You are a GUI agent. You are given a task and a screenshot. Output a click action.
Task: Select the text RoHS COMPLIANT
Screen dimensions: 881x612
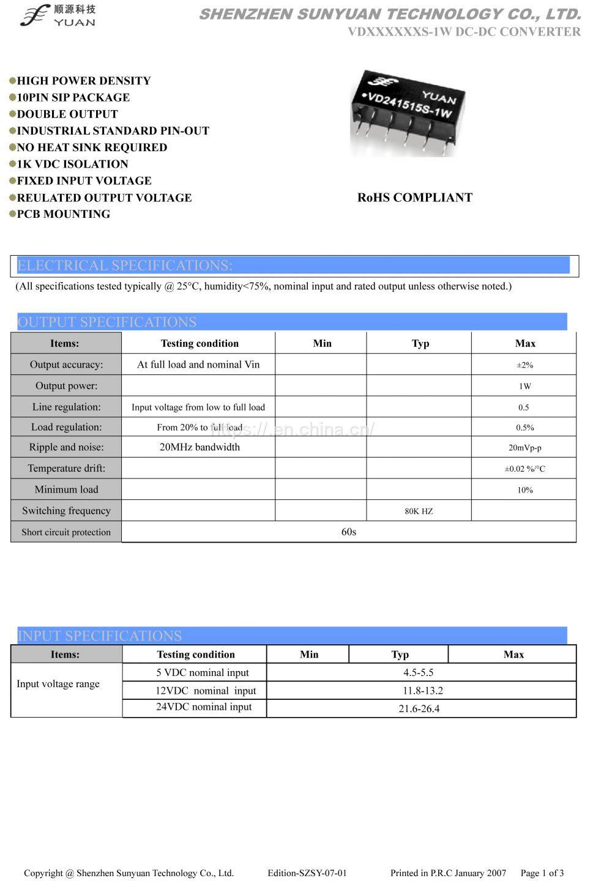(x=414, y=198)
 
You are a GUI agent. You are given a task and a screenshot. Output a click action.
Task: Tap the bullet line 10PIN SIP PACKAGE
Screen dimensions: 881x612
(x=73, y=97)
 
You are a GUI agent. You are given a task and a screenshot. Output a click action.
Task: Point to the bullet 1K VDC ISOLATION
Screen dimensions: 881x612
(x=72, y=164)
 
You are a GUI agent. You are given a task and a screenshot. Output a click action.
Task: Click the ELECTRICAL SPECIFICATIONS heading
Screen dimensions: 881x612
(x=125, y=266)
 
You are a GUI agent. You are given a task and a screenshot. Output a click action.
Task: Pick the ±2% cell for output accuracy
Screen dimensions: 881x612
(x=524, y=365)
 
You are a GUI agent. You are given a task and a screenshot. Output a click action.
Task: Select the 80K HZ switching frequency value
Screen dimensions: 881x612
(x=419, y=511)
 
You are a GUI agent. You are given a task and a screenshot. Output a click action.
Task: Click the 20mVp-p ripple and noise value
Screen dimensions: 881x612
(x=524, y=447)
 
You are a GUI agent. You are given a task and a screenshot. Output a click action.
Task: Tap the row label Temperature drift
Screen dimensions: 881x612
(x=66, y=469)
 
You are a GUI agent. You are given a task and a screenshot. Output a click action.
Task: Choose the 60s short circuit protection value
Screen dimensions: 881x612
(x=348, y=532)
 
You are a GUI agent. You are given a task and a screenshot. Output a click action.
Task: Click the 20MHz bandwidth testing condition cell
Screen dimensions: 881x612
(x=200, y=447)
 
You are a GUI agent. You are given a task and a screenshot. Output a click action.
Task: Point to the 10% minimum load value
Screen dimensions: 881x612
(x=524, y=490)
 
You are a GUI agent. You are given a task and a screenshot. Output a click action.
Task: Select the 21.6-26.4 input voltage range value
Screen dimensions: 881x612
(x=419, y=708)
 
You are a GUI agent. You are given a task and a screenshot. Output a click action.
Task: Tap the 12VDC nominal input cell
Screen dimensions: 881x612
(x=205, y=691)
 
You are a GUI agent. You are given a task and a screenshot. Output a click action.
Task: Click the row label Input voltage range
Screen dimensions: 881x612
(x=58, y=684)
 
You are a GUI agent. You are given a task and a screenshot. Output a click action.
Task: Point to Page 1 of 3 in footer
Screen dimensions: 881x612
(x=542, y=873)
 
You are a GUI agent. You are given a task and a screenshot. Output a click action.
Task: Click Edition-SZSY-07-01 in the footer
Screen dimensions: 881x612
(x=307, y=873)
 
